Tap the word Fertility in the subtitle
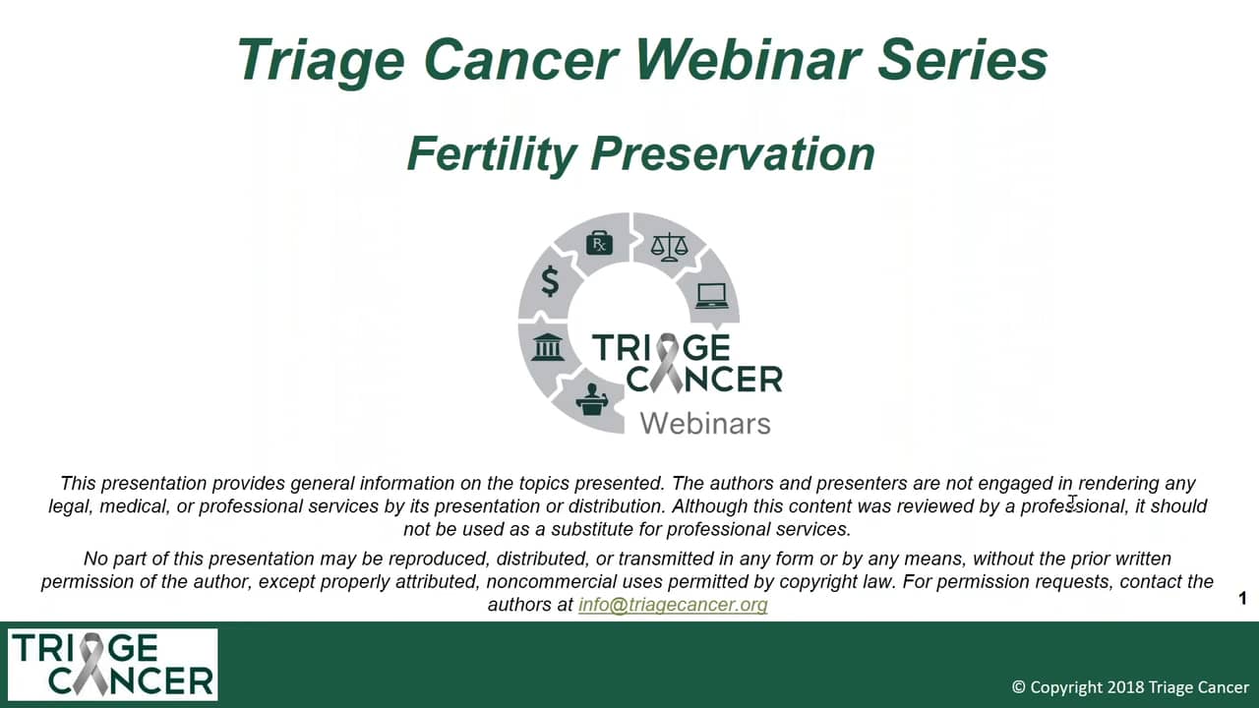coord(492,153)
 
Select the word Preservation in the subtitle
coord(733,153)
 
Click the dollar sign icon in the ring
coord(550,280)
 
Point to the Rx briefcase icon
coord(599,244)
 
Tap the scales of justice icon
coord(669,247)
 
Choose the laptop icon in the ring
coord(712,296)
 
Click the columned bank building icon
coord(548,347)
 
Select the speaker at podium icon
coord(592,399)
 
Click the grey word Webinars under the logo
coord(705,423)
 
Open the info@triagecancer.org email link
coord(673,605)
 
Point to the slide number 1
coord(1242,599)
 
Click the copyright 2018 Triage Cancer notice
coord(1130,687)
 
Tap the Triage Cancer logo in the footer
coord(112,665)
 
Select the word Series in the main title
coord(962,60)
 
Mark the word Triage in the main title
coord(321,61)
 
